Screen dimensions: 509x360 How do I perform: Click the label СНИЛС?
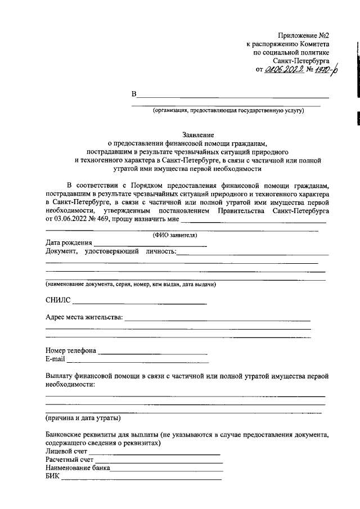click(x=57, y=301)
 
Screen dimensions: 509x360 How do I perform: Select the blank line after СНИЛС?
click(x=139, y=303)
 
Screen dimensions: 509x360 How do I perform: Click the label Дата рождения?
click(x=69, y=242)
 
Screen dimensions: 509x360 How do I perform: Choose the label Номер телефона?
click(x=71, y=350)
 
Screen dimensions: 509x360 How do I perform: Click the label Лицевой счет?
click(x=66, y=451)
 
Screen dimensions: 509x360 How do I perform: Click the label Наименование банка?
click(x=78, y=468)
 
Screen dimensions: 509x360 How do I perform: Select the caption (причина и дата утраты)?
click(x=82, y=418)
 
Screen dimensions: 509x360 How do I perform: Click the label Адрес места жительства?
click(x=84, y=317)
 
